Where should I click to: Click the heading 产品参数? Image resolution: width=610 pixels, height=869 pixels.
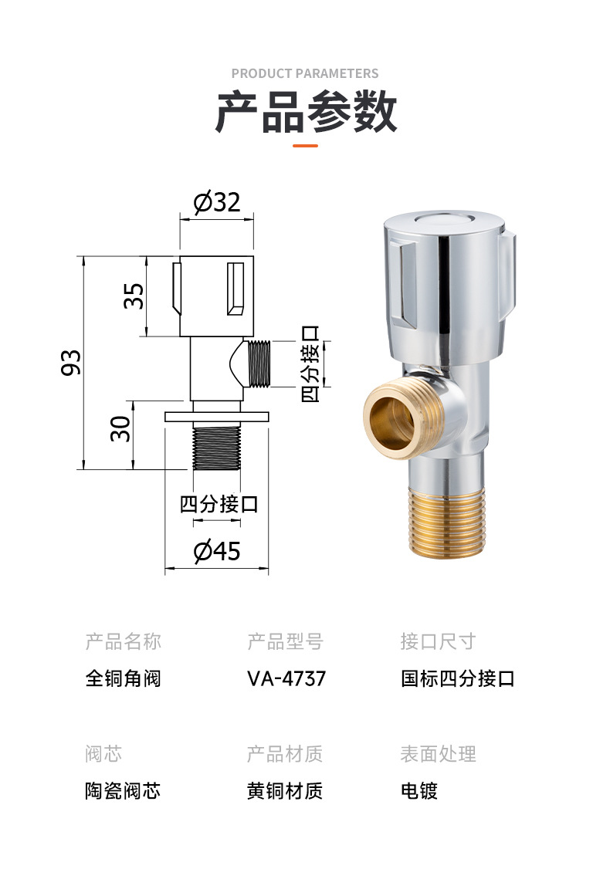pos(305,113)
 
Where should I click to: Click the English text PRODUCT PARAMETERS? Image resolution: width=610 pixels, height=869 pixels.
pos(305,73)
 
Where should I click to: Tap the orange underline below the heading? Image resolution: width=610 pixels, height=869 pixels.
pos(305,145)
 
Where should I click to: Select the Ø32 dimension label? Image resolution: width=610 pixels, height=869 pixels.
pos(217,202)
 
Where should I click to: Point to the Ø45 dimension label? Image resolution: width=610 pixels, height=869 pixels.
pos(217,551)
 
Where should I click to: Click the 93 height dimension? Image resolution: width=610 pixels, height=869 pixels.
pos(71,363)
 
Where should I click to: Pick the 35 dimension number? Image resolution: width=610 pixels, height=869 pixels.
pos(134,296)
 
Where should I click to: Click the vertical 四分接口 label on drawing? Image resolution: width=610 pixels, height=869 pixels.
pos(310,363)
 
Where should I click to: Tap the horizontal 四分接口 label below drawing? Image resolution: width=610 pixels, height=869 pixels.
pos(219,505)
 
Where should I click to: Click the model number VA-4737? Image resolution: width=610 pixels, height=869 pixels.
pos(286,679)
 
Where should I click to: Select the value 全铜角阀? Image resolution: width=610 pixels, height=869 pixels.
pos(123,679)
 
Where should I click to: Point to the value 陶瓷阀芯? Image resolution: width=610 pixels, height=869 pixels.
pos(123,791)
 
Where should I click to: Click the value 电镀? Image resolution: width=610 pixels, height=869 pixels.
pos(419,791)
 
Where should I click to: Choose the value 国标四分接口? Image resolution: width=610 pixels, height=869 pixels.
pos(457,679)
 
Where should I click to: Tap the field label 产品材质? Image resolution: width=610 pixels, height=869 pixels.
pos(285,754)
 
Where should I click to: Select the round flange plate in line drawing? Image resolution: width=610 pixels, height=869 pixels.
pos(217,417)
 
